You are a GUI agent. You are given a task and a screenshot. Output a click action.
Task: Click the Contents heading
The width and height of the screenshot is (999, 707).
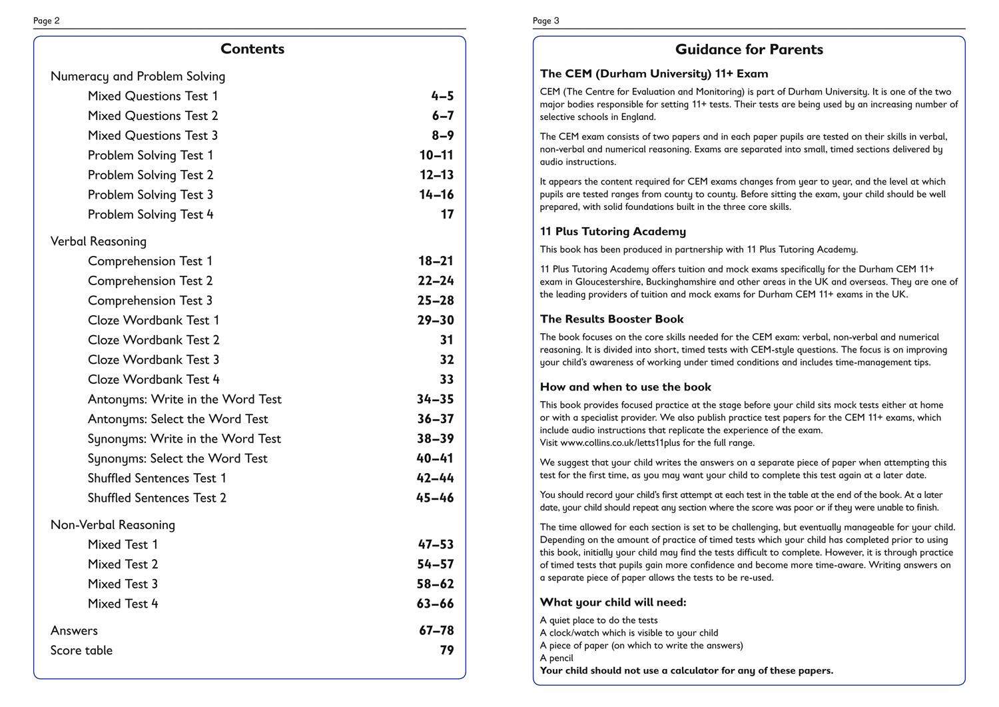click(x=252, y=49)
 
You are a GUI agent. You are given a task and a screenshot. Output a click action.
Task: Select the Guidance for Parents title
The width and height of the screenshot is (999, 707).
click(x=749, y=49)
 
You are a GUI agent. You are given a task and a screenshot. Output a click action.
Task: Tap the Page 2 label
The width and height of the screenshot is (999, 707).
click(x=47, y=21)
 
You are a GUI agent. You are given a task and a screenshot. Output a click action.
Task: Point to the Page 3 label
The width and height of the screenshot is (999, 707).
click(x=546, y=21)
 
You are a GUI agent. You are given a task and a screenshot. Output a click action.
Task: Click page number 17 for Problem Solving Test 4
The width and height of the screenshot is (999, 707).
click(x=447, y=215)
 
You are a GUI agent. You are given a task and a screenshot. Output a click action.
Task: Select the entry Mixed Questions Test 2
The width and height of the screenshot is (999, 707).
click(x=153, y=116)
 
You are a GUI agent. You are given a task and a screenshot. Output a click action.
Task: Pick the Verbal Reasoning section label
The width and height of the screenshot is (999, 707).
click(x=99, y=241)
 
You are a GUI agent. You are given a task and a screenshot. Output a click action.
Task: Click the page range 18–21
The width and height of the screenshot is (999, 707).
click(x=436, y=261)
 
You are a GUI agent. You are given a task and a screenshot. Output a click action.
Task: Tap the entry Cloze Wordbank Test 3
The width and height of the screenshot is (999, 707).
click(x=153, y=360)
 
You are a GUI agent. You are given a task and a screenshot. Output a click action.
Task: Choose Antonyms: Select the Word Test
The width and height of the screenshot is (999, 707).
click(x=178, y=419)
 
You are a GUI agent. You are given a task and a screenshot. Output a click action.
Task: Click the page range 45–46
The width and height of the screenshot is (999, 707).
click(x=435, y=498)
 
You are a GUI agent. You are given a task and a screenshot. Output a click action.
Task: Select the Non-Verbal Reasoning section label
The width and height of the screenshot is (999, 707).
click(x=113, y=525)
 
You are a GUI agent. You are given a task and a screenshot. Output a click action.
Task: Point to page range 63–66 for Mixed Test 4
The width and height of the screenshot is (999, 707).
click(x=435, y=604)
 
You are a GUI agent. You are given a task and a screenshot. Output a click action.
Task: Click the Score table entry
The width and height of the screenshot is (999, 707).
click(x=81, y=650)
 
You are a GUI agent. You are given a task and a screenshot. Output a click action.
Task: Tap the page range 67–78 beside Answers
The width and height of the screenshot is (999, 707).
click(x=436, y=630)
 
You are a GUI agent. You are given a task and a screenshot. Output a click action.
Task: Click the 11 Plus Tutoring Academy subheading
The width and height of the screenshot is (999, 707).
click(x=613, y=231)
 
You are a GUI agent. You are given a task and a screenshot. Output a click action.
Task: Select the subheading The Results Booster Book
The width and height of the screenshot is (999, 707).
click(x=611, y=319)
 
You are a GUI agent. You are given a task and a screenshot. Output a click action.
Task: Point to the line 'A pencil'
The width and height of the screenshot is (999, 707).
click(x=556, y=658)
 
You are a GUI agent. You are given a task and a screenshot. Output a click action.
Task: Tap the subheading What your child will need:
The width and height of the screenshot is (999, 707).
click(x=613, y=602)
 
